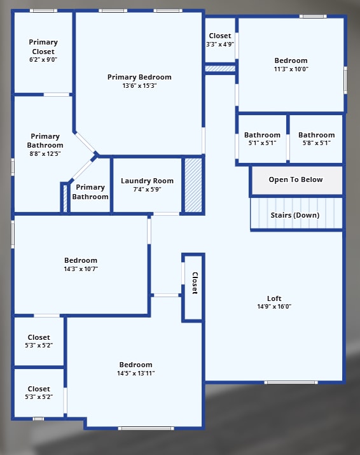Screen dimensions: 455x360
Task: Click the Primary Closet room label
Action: click(x=43, y=46)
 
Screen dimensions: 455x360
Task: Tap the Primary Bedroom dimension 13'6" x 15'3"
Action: click(x=139, y=85)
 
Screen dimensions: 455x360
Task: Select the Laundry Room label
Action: click(x=147, y=181)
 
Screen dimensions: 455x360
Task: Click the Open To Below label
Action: click(x=295, y=179)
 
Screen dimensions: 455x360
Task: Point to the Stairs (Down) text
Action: click(x=295, y=215)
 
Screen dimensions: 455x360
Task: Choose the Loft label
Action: click(x=274, y=298)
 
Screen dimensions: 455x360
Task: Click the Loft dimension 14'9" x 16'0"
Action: click(x=274, y=307)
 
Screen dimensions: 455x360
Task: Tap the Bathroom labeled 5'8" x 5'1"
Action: click(x=316, y=139)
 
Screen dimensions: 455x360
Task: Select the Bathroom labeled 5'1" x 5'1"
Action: click(x=262, y=139)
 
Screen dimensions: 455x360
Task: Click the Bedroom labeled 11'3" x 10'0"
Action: click(x=291, y=65)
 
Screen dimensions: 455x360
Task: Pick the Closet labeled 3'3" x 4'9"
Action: click(x=220, y=40)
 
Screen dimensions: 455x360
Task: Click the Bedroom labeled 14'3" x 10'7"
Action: click(x=81, y=264)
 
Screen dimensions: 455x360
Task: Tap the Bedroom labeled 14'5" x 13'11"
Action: click(x=135, y=368)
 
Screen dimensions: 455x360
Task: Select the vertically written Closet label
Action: click(x=195, y=283)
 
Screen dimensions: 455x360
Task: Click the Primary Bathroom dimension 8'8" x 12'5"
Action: click(x=45, y=154)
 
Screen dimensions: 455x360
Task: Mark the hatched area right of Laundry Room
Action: click(x=193, y=185)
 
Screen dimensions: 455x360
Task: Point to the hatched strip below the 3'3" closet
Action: click(x=220, y=68)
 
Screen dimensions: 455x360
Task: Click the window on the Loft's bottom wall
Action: click(x=291, y=382)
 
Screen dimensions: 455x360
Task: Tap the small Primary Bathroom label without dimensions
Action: click(x=90, y=192)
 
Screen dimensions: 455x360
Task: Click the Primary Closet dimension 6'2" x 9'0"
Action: click(x=43, y=59)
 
